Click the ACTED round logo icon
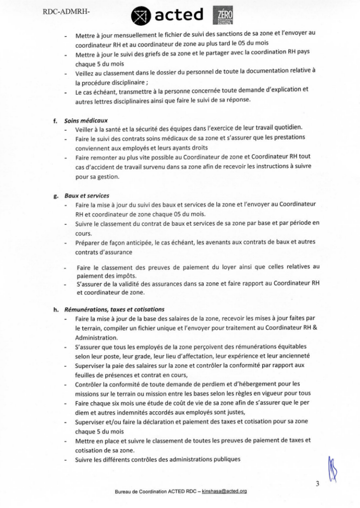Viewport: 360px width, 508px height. pyautogui.click(x=141, y=17)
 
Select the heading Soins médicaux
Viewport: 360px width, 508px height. pyautogui.click(x=86, y=121)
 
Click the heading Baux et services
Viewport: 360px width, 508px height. pyautogui.click(x=87, y=196)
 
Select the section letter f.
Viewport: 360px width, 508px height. pyautogui.click(x=56, y=121)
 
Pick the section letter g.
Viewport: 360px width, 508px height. pyautogui.click(x=56, y=196)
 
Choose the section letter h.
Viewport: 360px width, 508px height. pyautogui.click(x=56, y=310)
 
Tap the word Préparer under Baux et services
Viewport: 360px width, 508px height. pyautogui.click(x=89, y=243)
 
